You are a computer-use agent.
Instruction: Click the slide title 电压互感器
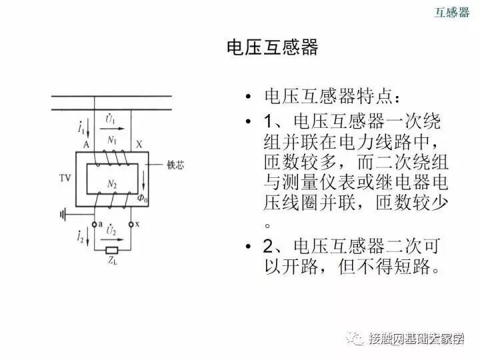272,48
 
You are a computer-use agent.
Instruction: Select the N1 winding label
111,140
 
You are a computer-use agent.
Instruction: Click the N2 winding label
111,181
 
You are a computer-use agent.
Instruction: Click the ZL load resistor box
111,250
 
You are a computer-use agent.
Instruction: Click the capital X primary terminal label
139,144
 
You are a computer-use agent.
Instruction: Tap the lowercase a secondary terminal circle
94,225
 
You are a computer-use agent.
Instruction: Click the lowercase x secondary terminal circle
131,225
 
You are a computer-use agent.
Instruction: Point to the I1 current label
81,126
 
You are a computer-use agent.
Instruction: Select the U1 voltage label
111,119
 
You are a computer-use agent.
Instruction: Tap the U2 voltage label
111,229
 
